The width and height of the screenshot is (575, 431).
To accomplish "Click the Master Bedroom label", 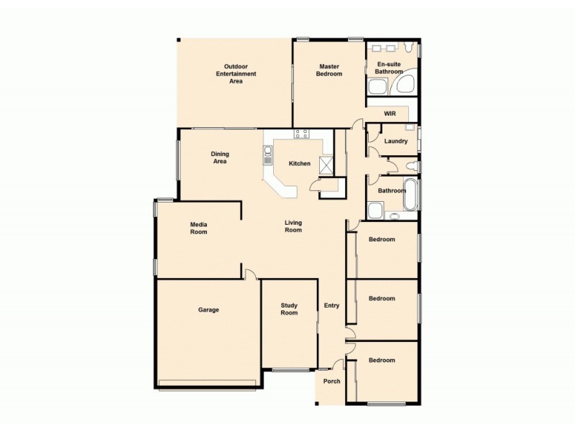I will pyautogui.click(x=329, y=70).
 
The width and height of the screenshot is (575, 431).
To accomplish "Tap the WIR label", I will pyautogui.click(x=390, y=113).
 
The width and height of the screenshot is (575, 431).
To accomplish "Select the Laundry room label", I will pyautogui.click(x=396, y=141).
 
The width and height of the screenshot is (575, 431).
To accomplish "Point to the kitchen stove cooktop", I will pyautogui.click(x=301, y=134).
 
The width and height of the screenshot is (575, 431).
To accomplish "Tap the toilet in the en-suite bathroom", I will pyautogui.click(x=408, y=49).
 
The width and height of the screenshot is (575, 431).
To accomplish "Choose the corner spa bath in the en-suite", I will pyautogui.click(x=406, y=85).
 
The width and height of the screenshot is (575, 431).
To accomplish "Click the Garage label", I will pyautogui.click(x=208, y=310).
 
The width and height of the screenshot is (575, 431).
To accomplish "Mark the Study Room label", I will pyautogui.click(x=289, y=309).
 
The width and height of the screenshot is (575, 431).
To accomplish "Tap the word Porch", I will pyautogui.click(x=331, y=381).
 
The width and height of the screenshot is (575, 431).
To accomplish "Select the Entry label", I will pyautogui.click(x=331, y=305).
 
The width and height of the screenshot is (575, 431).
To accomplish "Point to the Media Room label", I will pyautogui.click(x=198, y=228).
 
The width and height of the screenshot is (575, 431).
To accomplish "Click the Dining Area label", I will pyautogui.click(x=220, y=157).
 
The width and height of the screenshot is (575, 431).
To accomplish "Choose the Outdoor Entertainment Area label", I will pyautogui.click(x=236, y=74).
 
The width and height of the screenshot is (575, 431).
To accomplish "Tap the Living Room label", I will pyautogui.click(x=293, y=226).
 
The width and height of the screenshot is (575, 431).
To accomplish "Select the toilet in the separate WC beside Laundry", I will pyautogui.click(x=410, y=166).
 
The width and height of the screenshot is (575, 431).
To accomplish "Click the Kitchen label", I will pyautogui.click(x=300, y=163).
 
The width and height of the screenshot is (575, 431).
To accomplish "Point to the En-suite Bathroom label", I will pyautogui.click(x=390, y=68).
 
